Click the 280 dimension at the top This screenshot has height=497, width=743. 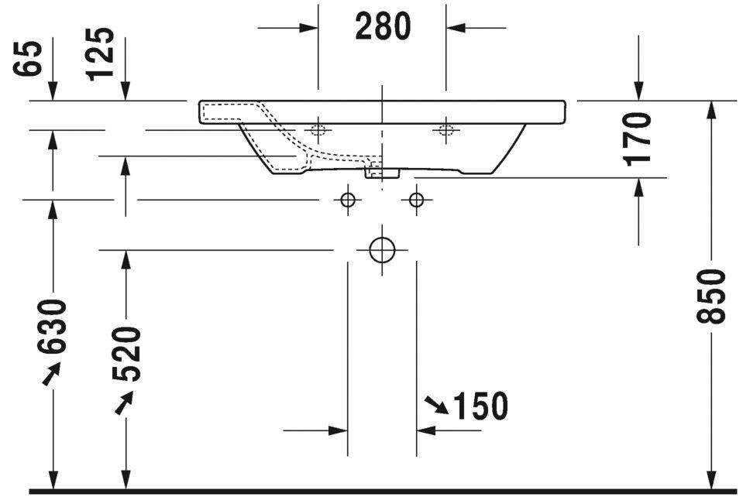coord(382,26)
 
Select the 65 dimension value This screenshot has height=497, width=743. coord(29,58)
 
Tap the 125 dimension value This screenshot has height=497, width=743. coord(100,54)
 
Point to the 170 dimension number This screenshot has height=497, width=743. coord(638,139)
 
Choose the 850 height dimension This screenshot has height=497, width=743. coord(711,296)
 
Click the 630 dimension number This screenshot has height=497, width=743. coord(52,326)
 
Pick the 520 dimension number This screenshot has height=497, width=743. coord(126,354)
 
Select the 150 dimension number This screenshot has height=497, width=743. coord(480,406)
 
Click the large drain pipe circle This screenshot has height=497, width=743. coord(382,249)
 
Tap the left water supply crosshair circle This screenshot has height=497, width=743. coord(348,201)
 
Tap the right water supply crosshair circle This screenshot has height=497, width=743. coord(416,201)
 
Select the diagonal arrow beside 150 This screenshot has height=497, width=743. coord(436,404)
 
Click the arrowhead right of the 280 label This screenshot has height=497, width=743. coord(456,27)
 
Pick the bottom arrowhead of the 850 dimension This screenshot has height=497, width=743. coord(711,479)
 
